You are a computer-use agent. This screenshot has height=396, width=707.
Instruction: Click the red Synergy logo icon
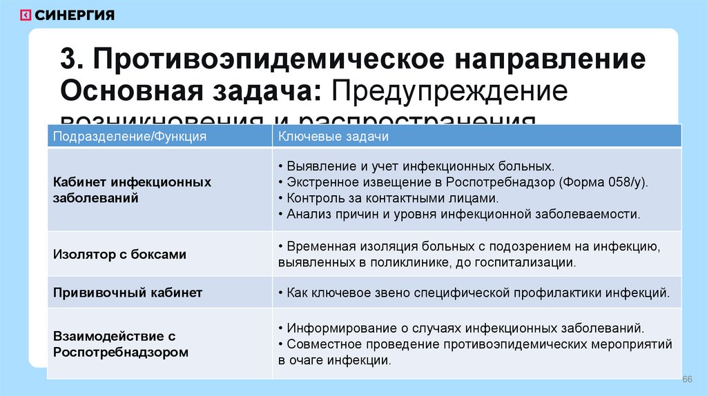[25, 14]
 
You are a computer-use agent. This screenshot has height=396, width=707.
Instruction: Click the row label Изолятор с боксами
[119, 254]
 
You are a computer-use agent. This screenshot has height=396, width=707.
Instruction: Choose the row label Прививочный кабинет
[128, 293]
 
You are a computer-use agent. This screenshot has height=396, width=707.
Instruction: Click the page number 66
[687, 380]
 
